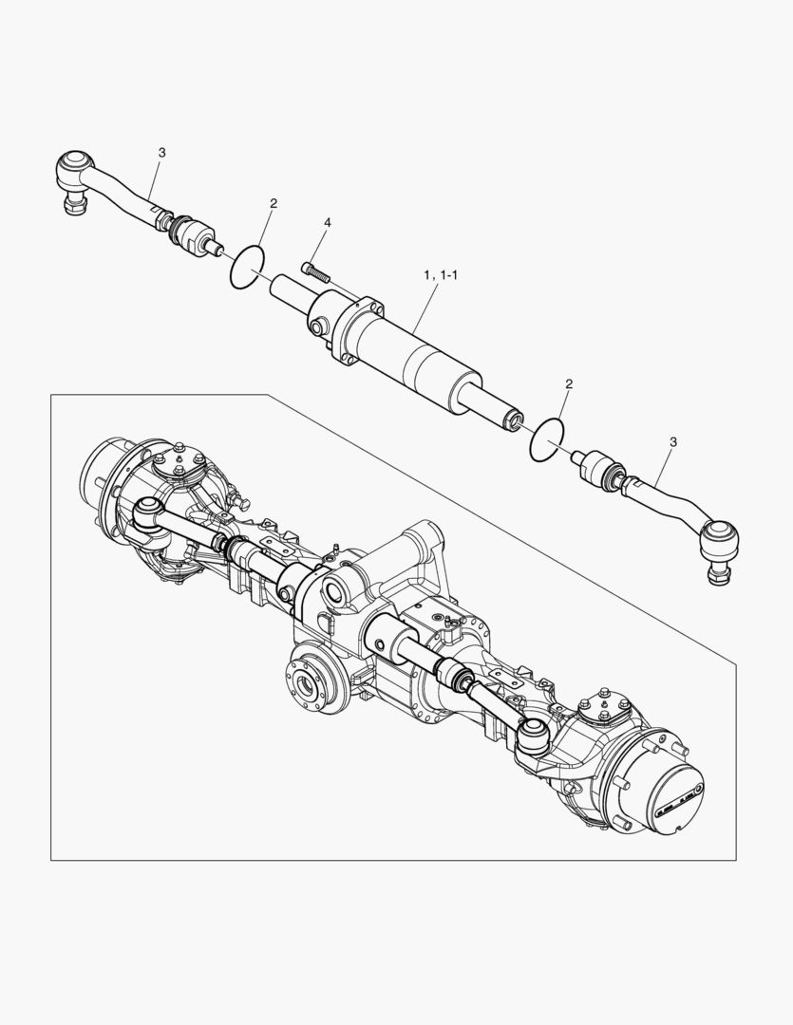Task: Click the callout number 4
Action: [x=328, y=222]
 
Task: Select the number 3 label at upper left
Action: [x=161, y=152]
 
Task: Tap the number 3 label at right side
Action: [x=673, y=441]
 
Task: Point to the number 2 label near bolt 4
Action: [x=274, y=203]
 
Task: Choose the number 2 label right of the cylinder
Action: [x=569, y=384]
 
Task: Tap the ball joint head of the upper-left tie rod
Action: [x=74, y=170]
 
